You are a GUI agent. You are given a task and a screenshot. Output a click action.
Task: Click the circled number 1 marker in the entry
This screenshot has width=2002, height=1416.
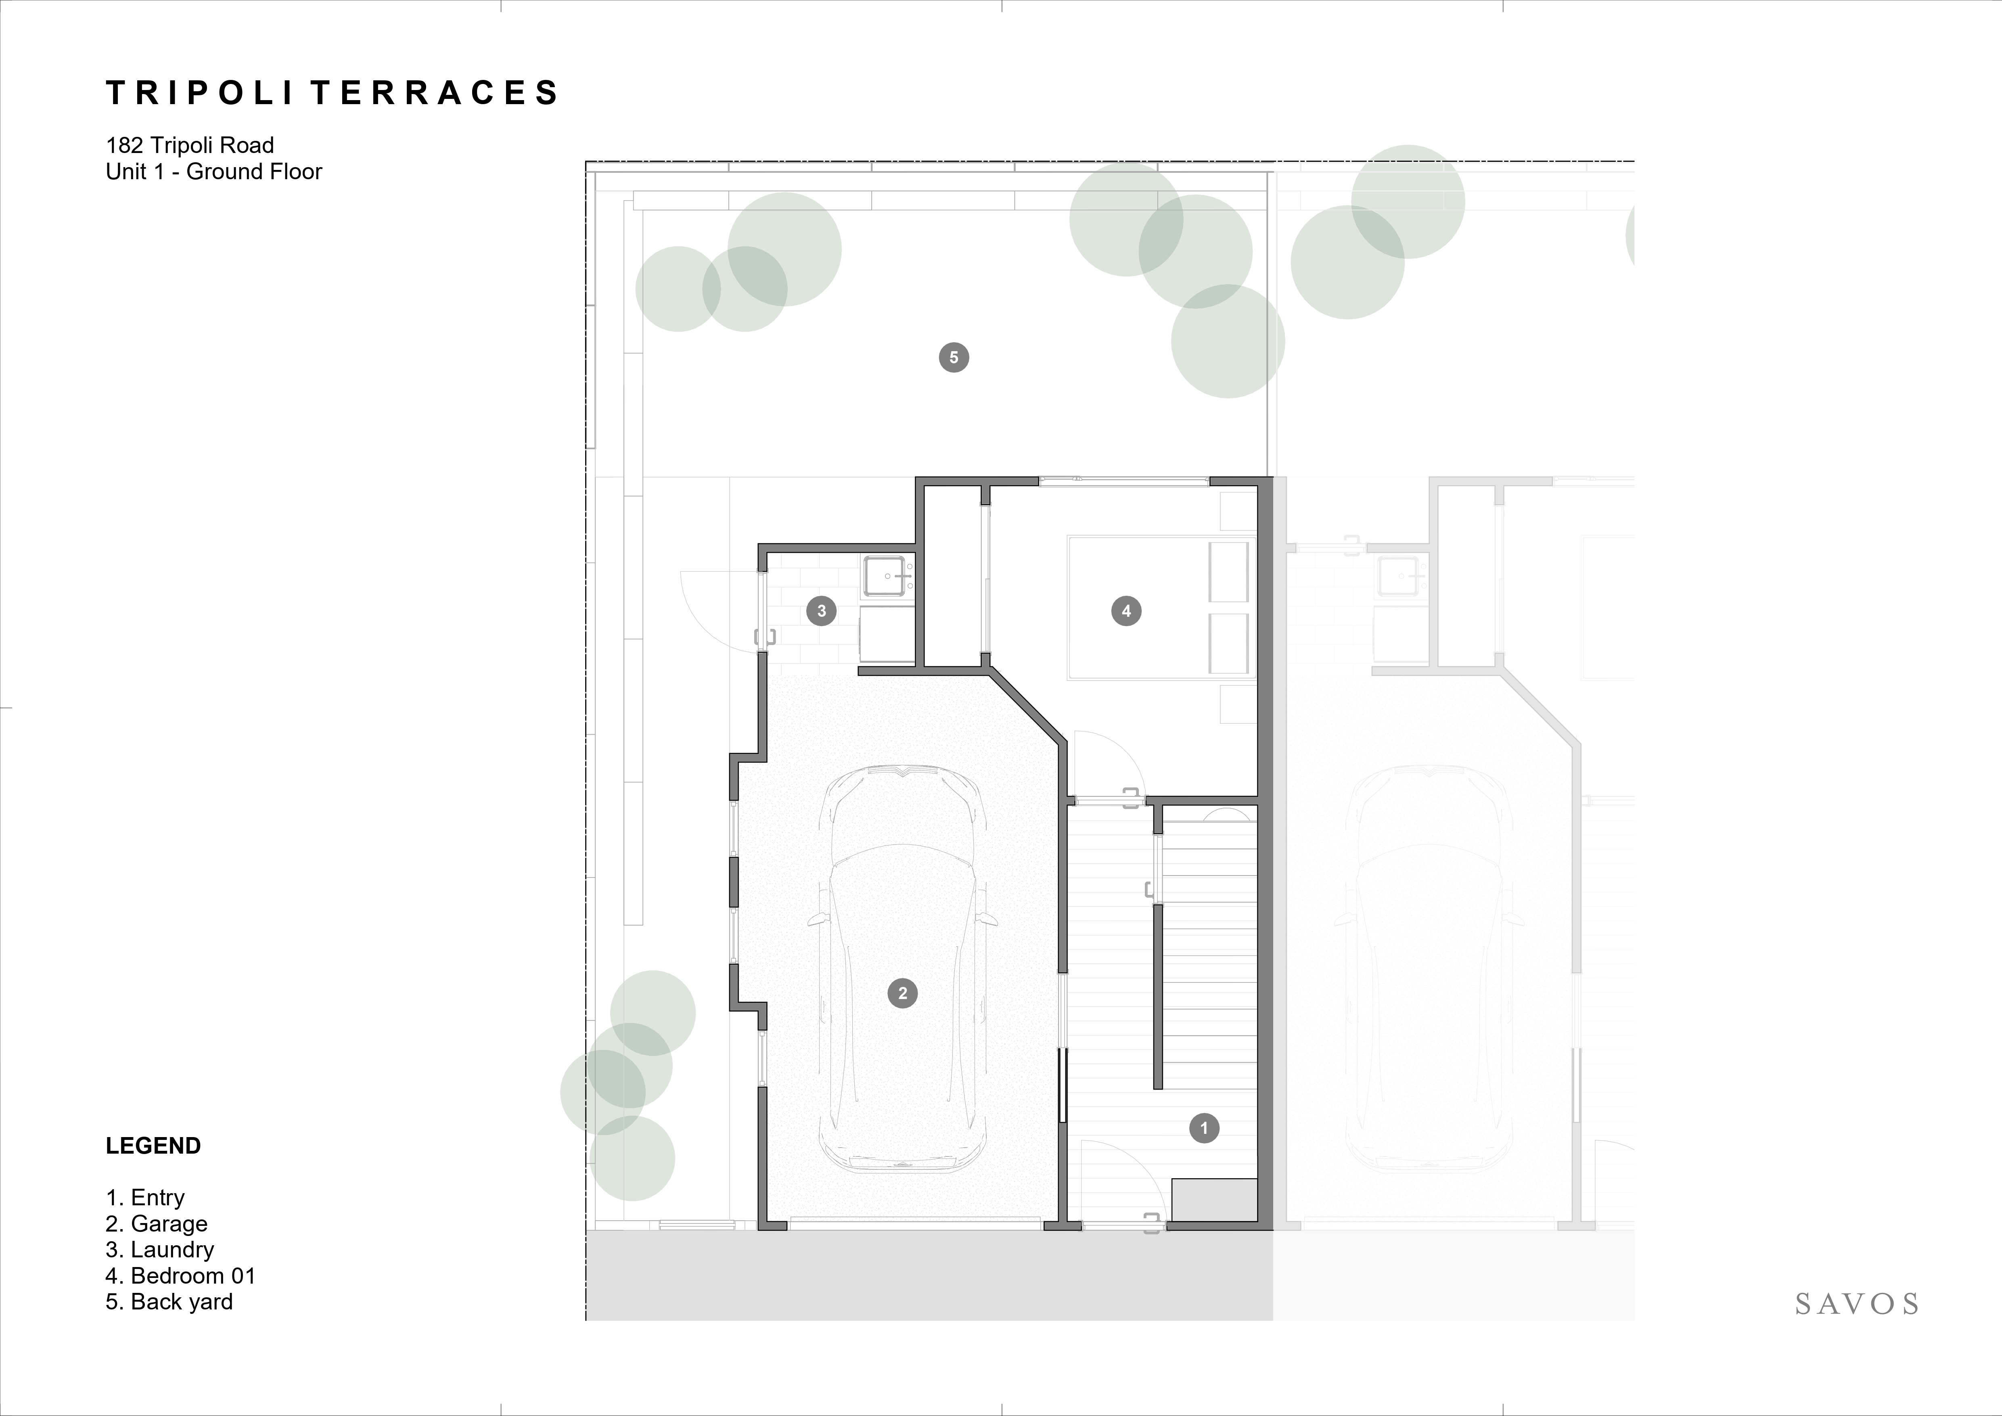(1204, 1128)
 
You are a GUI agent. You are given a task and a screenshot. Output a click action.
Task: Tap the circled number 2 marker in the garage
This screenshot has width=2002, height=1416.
(902, 993)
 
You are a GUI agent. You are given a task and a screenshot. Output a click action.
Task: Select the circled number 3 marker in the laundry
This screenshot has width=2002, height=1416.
(821, 611)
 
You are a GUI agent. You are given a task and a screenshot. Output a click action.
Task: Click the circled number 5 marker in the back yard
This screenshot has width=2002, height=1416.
(954, 358)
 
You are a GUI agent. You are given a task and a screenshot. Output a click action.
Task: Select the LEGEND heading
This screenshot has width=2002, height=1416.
(153, 1146)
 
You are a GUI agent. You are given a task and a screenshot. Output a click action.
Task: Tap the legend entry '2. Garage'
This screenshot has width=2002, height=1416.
(157, 1224)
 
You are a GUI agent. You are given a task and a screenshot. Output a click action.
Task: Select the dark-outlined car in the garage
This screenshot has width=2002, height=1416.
(902, 968)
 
